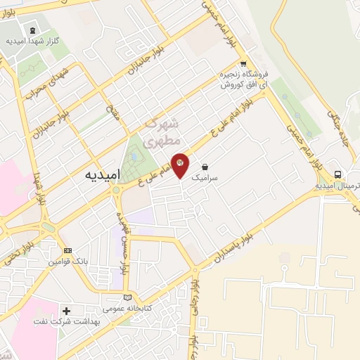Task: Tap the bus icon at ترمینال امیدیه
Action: tap(338, 174)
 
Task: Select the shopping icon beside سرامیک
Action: tap(205, 168)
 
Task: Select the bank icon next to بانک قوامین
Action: tap(67, 250)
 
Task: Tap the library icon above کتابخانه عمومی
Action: tap(127, 297)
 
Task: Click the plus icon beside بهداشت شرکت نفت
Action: tap(67, 310)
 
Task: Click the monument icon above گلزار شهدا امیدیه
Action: tap(32, 30)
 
